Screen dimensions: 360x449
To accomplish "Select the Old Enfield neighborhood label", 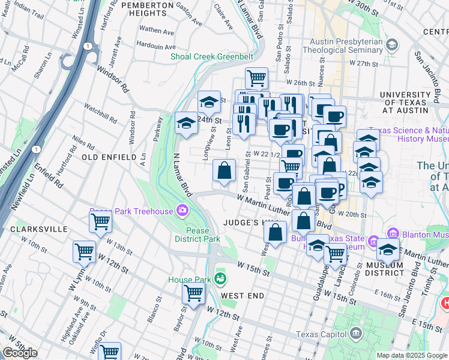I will point(109,157).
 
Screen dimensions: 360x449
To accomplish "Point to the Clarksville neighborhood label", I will point(34,229).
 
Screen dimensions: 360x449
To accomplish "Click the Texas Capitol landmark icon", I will point(356,332).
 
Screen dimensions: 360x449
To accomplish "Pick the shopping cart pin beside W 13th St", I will point(100,222).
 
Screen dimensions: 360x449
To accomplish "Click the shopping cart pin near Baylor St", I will point(194,293).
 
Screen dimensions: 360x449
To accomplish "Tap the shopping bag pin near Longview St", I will point(224,170).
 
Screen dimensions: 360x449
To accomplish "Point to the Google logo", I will point(20,353).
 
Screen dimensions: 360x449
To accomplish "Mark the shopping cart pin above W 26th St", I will point(256,77).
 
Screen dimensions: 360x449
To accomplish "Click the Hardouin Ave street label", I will point(155,44).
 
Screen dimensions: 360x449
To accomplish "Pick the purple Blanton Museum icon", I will point(394,233).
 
